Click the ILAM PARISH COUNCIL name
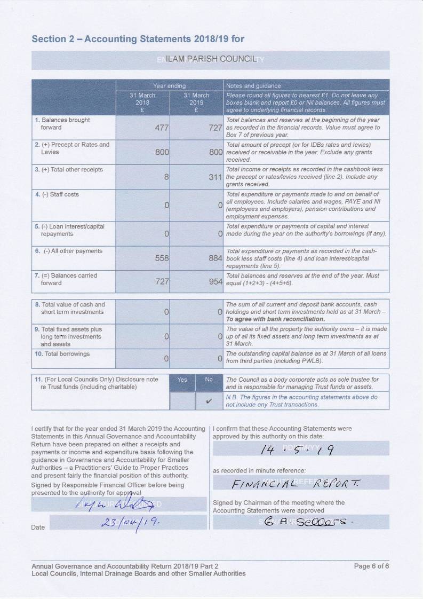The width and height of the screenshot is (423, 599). click(x=211, y=59)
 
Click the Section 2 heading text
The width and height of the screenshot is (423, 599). click(x=138, y=39)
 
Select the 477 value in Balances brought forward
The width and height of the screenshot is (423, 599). click(x=162, y=128)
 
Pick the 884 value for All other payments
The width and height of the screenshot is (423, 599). click(x=215, y=258)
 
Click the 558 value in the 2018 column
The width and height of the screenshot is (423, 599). click(x=162, y=258)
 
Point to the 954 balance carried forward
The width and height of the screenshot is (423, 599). click(x=215, y=282)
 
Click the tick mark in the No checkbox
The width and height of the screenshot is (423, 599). click(x=209, y=400)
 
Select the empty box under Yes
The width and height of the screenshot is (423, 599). click(x=182, y=400)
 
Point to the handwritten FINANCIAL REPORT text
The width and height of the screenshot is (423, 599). click(x=296, y=484)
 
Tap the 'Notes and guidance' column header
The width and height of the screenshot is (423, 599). click(x=253, y=85)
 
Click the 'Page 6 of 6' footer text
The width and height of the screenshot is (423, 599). click(x=371, y=566)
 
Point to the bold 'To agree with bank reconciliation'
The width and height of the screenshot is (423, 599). click(x=275, y=319)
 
